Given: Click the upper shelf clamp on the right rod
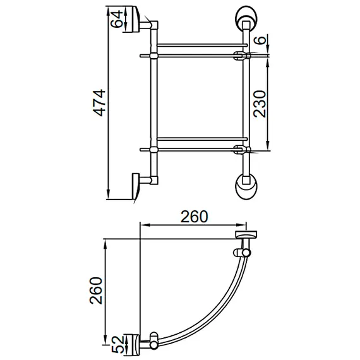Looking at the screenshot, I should coord(241,56).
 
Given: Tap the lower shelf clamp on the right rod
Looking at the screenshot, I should coord(241,150).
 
